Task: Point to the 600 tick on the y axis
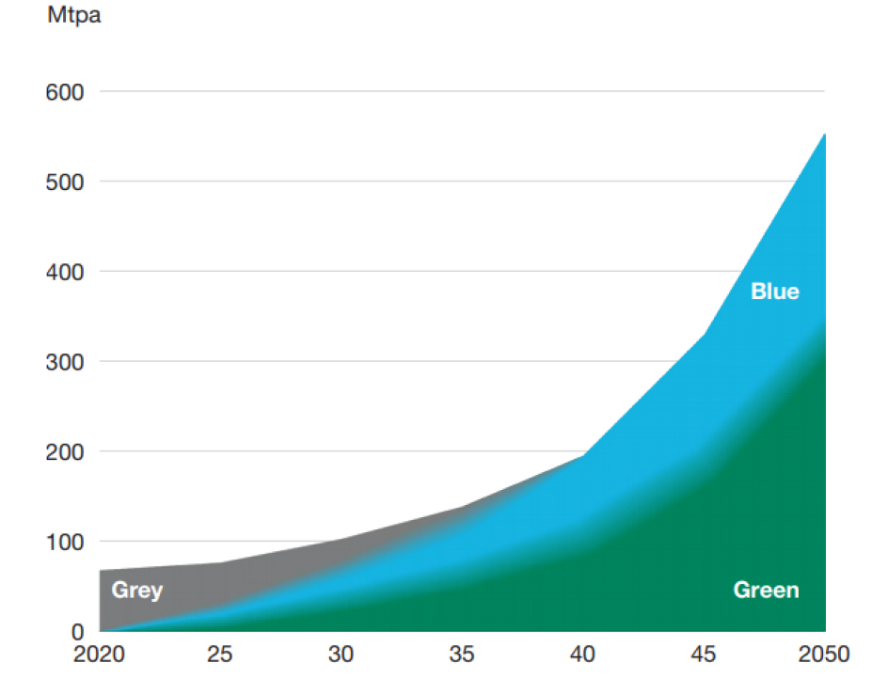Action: pos(65,92)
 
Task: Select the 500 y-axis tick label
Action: pos(65,181)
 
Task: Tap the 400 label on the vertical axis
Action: pos(65,272)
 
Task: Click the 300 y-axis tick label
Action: pos(65,362)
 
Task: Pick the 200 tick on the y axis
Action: pos(65,452)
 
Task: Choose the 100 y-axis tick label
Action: pos(65,543)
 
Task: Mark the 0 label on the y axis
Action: pos(78,632)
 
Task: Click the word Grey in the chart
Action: pos(137,591)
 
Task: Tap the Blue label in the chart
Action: pos(775,292)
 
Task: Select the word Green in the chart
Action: pos(766,591)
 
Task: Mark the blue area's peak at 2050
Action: pos(825,134)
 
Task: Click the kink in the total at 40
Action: pos(584,455)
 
